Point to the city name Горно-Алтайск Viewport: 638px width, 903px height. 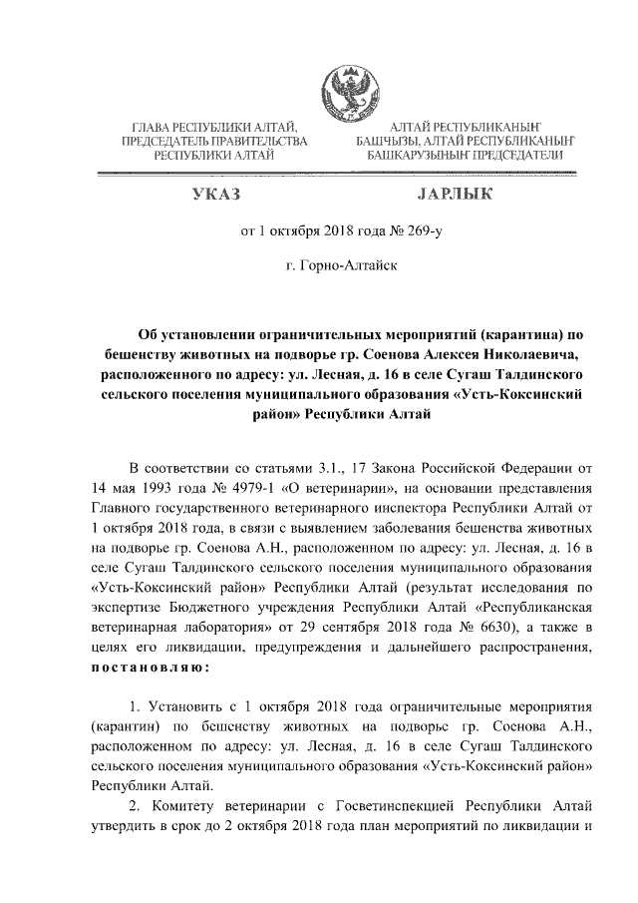[x=342, y=267]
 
